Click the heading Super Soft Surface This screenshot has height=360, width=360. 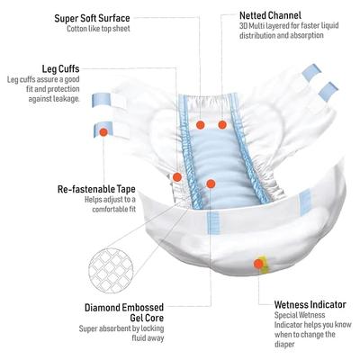[92, 18]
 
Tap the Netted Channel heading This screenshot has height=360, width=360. [270, 15]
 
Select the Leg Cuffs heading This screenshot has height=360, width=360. [60, 69]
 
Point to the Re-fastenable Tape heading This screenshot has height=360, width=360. [96, 189]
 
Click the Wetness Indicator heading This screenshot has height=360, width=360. [310, 305]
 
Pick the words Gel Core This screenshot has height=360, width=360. [147, 318]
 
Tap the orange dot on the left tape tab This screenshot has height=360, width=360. [103, 132]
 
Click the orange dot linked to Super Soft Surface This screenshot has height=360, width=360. [201, 125]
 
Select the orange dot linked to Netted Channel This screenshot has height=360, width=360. [222, 125]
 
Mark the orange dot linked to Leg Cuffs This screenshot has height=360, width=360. [177, 177]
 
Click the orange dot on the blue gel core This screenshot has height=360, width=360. [211, 184]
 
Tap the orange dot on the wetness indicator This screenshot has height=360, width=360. [258, 264]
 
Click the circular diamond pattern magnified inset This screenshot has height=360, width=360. [111, 270]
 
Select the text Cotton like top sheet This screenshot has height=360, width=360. [98, 29]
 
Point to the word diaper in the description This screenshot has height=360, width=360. [284, 344]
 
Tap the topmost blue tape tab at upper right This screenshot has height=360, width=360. [312, 72]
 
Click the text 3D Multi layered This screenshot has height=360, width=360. [261, 26]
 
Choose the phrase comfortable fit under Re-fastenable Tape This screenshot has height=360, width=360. [114, 209]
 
